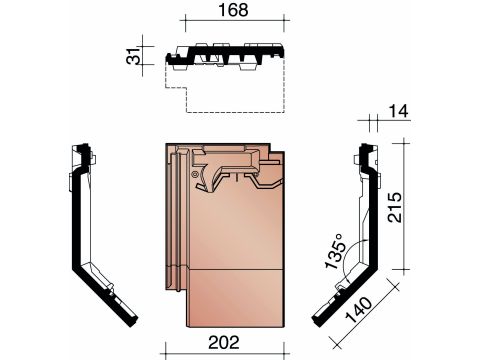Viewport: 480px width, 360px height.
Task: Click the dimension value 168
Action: point(233,10)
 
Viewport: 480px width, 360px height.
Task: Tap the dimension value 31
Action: point(133,55)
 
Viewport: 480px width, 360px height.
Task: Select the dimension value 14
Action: point(398,111)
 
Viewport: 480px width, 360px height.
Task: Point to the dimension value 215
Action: point(395,207)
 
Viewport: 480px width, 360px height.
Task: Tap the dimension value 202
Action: point(224,342)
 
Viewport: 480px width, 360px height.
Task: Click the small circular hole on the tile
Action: point(195,174)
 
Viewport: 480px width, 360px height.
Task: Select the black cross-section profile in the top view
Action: point(225,56)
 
